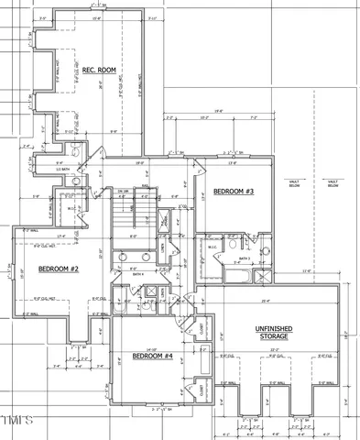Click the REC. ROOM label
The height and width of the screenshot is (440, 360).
point(96,70)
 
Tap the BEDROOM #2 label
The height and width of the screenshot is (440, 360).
point(59,269)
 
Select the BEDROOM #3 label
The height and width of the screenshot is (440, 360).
point(233,191)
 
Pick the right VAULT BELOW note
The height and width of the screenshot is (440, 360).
point(333,182)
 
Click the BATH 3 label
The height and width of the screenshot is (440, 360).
point(245,259)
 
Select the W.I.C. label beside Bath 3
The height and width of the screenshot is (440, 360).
point(212,247)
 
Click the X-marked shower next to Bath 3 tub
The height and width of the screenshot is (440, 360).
point(264,276)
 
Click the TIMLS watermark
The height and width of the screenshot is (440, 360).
point(16,421)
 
